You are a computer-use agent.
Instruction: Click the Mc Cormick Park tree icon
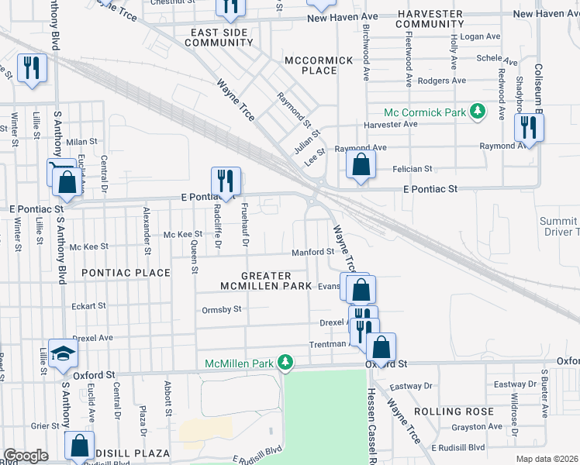click(478, 112)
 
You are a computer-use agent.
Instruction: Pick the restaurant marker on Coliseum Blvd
click(529, 129)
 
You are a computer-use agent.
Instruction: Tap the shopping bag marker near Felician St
click(361, 164)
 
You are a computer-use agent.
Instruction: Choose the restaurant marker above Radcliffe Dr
click(226, 181)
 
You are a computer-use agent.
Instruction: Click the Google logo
click(26, 456)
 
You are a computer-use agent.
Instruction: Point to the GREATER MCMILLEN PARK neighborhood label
click(266, 281)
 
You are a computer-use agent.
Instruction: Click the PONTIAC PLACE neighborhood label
click(126, 273)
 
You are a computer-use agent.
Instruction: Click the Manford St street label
click(312, 252)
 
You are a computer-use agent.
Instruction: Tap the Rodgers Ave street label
click(441, 81)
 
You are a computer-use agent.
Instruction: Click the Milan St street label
click(81, 142)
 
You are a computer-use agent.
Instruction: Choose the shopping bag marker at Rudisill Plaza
click(79, 446)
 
